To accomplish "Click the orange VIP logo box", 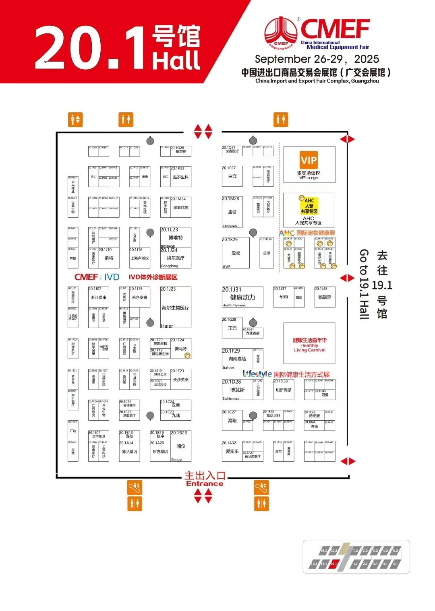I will click(x=309, y=160).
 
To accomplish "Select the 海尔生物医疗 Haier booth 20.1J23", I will click(x=175, y=308).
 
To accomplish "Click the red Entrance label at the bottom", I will click(x=205, y=484).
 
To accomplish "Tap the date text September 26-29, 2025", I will click(x=317, y=59).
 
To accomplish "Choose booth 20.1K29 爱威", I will click(x=236, y=253).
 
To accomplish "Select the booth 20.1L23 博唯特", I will click(x=176, y=237).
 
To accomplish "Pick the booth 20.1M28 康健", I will click(x=232, y=212).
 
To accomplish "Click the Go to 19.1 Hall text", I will click(x=364, y=284).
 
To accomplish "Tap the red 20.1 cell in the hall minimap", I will click(x=333, y=564).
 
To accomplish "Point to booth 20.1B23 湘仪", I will click(x=180, y=446).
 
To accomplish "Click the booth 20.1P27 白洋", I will click(x=232, y=176).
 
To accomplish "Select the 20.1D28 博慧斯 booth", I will click(x=237, y=390).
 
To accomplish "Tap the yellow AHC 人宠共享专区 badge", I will click(x=309, y=206).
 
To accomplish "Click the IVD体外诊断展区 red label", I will click(x=153, y=277).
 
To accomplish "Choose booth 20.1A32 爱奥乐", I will click(x=232, y=451).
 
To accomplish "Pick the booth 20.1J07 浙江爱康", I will click(x=99, y=297).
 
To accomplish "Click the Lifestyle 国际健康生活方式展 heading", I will click(x=286, y=374).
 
